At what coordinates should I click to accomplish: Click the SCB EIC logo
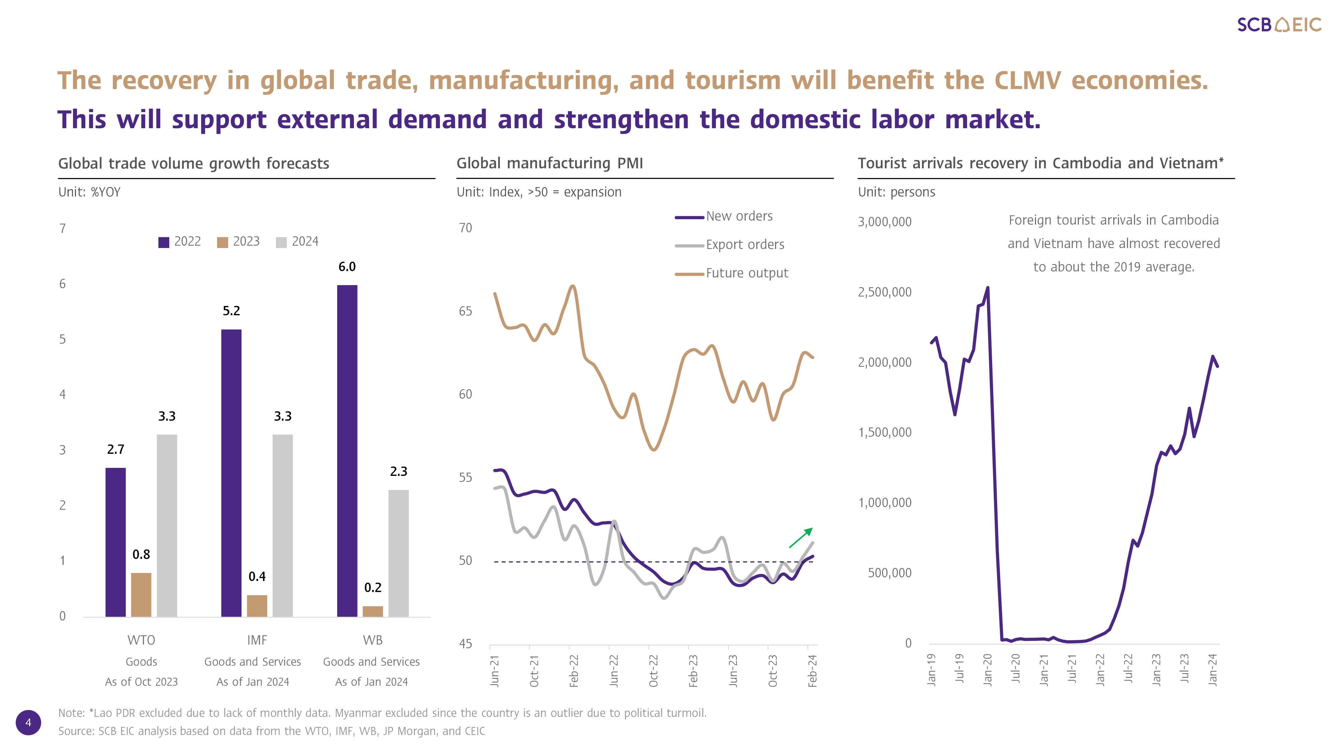(1279, 24)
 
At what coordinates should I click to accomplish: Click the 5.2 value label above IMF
(231, 311)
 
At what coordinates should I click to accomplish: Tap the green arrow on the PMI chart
(800, 538)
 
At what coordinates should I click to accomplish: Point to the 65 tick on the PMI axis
(465, 311)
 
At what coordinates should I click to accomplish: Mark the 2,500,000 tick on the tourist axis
(884, 292)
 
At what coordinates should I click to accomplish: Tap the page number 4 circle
(28, 722)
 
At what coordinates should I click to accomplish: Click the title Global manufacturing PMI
(550, 163)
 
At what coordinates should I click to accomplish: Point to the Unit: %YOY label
(89, 192)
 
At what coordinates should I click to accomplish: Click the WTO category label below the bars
(141, 640)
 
